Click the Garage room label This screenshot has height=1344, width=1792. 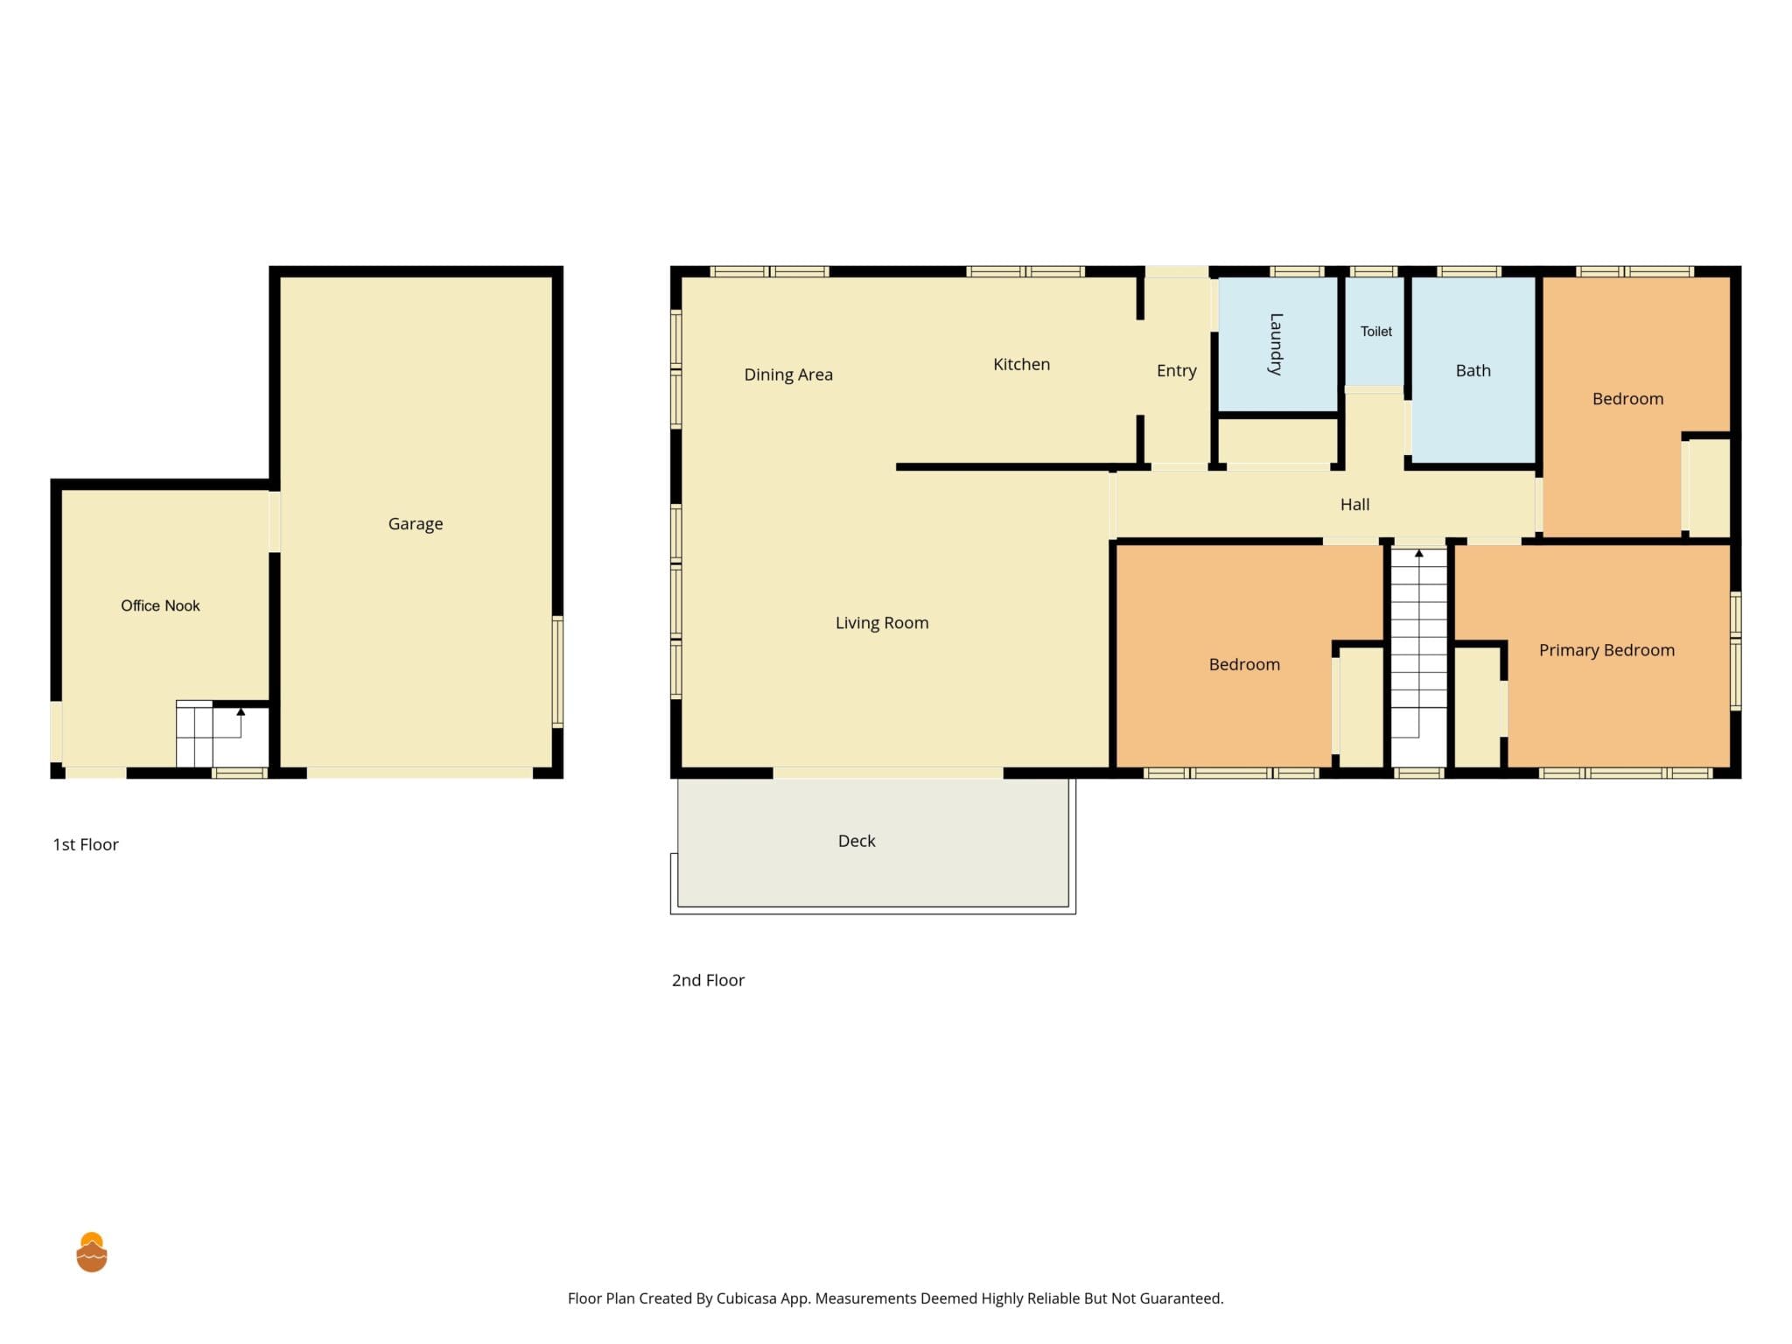click(x=416, y=524)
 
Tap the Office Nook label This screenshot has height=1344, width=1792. click(x=160, y=605)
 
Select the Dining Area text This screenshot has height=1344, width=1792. click(x=788, y=374)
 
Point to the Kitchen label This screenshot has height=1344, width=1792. click(x=1021, y=364)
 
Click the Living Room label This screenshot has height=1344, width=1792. click(x=882, y=623)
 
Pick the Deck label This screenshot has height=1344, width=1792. click(x=857, y=841)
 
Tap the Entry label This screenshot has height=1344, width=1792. click(x=1177, y=371)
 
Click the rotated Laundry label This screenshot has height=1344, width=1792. click(x=1276, y=344)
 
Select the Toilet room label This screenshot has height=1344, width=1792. click(x=1376, y=332)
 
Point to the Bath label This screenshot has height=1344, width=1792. click(x=1473, y=371)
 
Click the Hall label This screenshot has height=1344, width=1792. click(x=1355, y=505)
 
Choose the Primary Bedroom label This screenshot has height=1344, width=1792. click(x=1606, y=650)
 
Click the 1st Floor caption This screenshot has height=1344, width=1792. click(x=86, y=844)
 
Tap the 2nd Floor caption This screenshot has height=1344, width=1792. click(x=708, y=980)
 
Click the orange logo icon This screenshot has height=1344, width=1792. click(x=92, y=1252)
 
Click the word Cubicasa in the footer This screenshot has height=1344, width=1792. click(x=746, y=1298)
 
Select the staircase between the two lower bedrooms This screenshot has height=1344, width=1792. click(x=1419, y=656)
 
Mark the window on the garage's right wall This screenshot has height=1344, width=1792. click(x=557, y=671)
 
